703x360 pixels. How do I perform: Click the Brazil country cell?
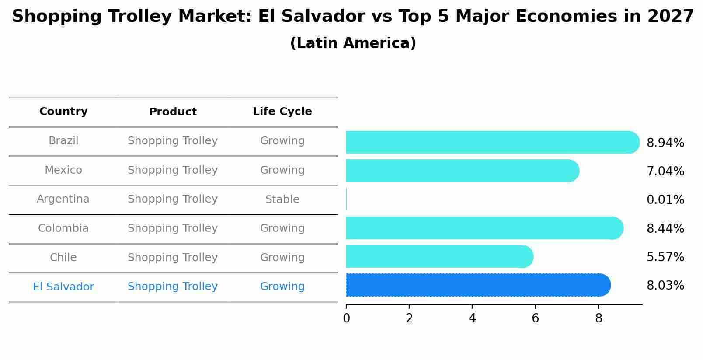point(63,141)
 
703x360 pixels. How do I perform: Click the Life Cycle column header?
point(282,112)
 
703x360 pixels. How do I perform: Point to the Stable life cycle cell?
point(282,199)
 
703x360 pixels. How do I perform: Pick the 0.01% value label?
point(665,200)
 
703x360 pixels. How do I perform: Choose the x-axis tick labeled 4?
point(472,318)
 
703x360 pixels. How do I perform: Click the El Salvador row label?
point(63,287)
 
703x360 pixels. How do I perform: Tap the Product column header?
point(173,112)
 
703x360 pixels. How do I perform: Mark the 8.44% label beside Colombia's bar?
point(665,228)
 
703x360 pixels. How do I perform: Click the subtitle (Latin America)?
point(353,43)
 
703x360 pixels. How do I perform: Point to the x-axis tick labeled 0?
point(346,318)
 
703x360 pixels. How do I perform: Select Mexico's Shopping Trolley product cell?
point(173,170)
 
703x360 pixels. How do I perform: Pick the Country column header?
point(63,112)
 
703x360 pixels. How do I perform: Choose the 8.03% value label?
point(665,286)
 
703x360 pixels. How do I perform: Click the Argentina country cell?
point(63,199)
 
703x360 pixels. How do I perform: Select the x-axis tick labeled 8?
point(599,318)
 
